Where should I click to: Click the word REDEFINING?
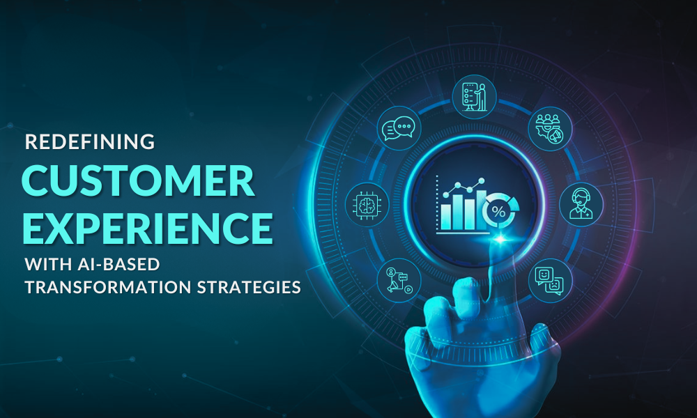click(90, 142)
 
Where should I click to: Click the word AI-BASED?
click(120, 265)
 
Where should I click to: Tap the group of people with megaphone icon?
click(549, 129)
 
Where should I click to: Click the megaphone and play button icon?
click(398, 280)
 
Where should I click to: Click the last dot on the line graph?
click(480, 181)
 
